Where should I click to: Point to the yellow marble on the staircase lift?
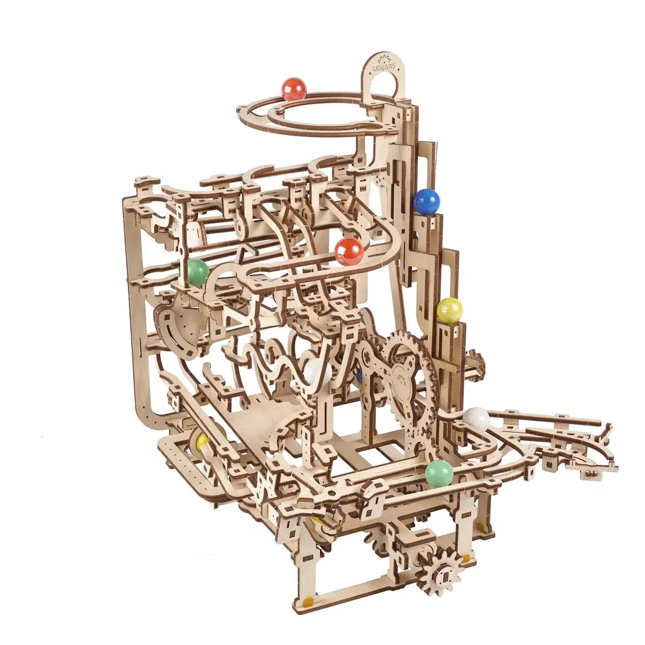450,310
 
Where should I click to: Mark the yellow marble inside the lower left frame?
201,440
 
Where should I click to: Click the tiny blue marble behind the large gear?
359,375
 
